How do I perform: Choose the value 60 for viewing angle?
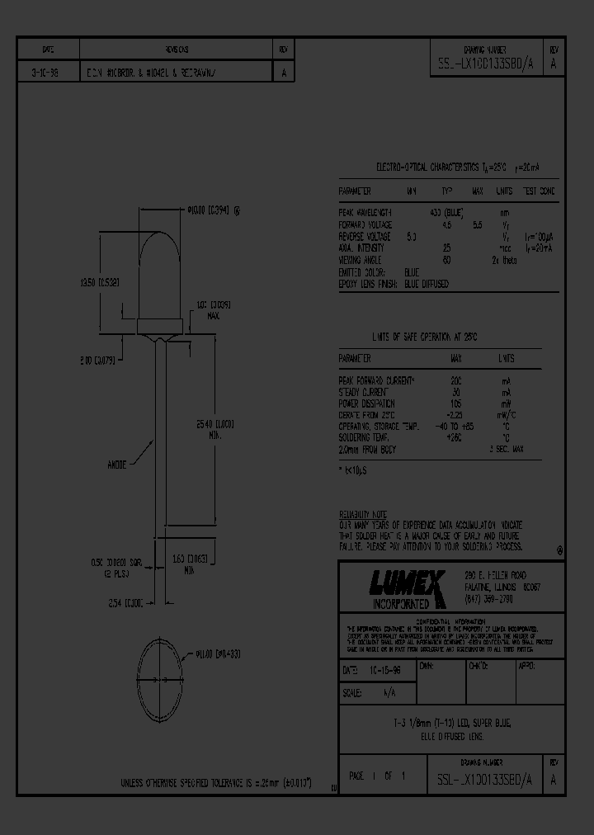[x=446, y=260]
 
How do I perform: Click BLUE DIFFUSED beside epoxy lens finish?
[x=427, y=284]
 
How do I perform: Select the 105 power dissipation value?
[x=455, y=403]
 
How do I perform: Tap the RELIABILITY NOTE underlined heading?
[x=363, y=513]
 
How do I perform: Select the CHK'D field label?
[x=478, y=664]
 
